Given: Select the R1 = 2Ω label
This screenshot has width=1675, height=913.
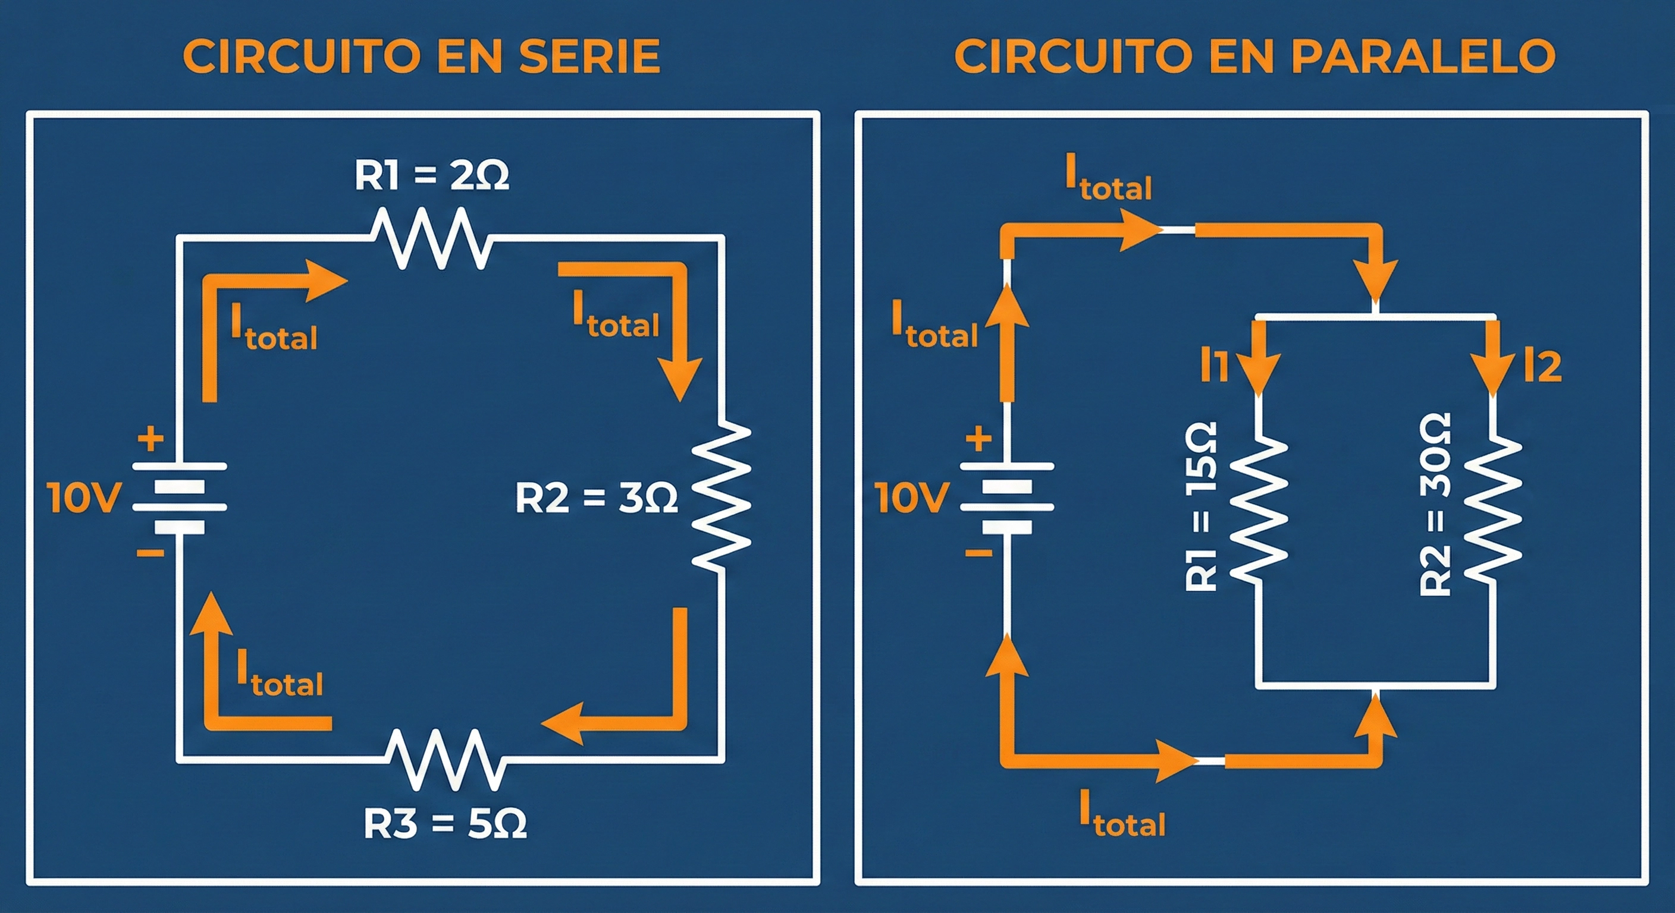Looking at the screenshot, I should [431, 175].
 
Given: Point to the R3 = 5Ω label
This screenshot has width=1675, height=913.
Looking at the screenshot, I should [445, 824].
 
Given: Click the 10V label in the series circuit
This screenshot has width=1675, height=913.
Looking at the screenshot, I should [84, 498].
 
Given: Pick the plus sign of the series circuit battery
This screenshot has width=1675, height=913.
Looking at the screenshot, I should [150, 439].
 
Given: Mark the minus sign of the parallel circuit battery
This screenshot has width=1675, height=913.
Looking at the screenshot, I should [978, 553].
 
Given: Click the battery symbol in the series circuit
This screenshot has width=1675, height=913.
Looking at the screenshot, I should [180, 498].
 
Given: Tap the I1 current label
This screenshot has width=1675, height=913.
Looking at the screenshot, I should [1214, 366].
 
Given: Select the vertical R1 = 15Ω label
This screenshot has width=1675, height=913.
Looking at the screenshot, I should [1200, 506].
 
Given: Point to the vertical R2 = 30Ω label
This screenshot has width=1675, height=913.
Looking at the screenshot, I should [1435, 504].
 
